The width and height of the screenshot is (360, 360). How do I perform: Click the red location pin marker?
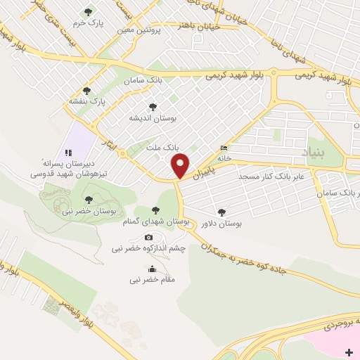[181, 166]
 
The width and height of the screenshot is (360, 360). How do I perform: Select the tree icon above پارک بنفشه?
[86, 91]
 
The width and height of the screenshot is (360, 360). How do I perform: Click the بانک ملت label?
[158, 148]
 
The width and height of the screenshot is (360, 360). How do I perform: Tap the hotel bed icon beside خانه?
[224, 148]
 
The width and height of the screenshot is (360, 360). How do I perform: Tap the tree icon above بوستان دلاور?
[222, 211]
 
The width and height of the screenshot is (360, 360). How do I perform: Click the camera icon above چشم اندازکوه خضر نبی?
[148, 238]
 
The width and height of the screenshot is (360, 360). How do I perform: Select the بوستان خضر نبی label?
[89, 211]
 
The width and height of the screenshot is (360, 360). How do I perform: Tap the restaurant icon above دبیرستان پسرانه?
[68, 152]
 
